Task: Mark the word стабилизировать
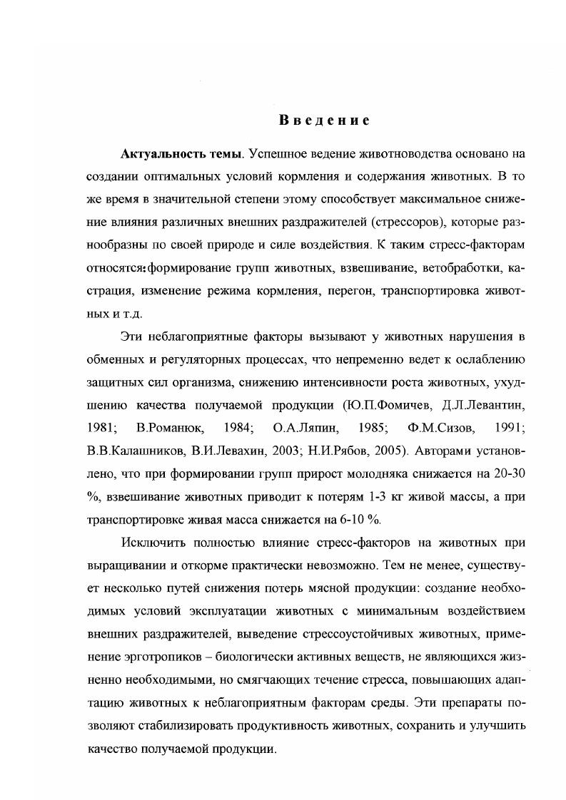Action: [x=173, y=727]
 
